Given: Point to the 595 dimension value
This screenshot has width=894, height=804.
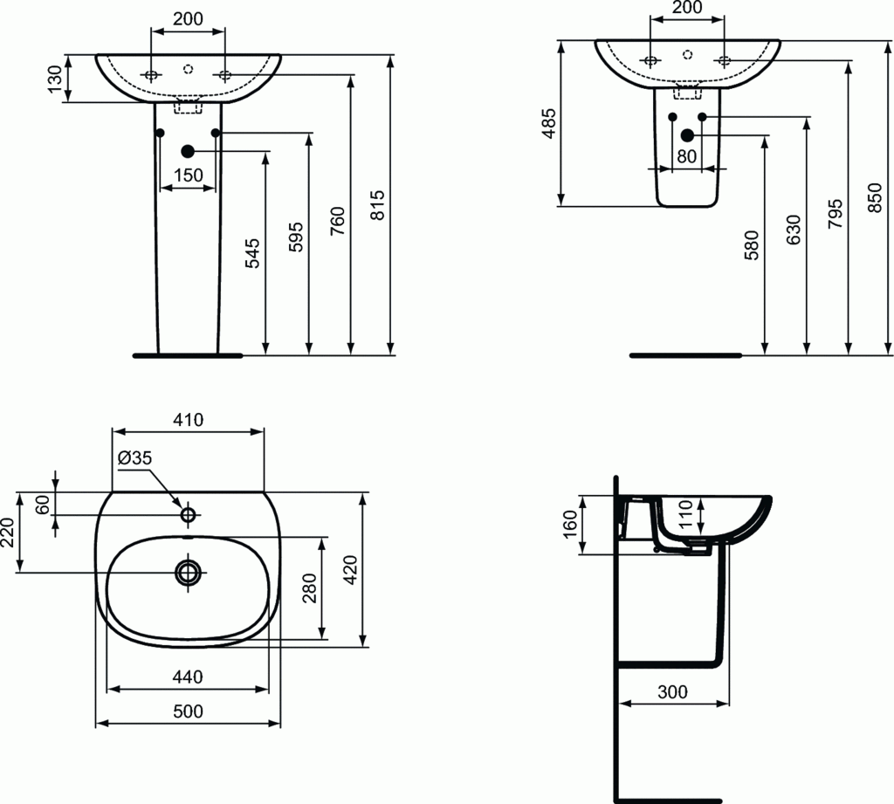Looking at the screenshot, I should pos(296,237).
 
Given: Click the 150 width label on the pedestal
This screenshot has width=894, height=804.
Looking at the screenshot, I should pos(188,175).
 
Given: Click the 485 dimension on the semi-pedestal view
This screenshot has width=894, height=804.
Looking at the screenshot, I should pos(547,124).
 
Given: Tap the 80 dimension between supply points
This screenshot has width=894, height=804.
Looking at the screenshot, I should pos(686,157).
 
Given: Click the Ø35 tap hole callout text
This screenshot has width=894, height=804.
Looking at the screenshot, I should pos(134,457).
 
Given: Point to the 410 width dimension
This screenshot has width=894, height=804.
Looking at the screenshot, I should pos(188,420).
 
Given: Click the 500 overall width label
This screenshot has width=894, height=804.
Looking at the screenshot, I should pos(188,711).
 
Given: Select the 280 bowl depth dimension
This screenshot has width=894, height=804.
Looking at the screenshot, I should pos(309,588).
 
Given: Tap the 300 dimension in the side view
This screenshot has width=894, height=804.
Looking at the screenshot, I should pos(672,691).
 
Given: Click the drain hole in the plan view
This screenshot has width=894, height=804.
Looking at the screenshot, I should pos(188,573).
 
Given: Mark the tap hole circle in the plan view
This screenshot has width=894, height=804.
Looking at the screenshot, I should pos(188,515).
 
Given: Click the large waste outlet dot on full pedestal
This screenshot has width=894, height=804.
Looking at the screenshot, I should pos(188,151).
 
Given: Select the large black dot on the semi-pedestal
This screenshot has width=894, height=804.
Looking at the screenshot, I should pos(687,134).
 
